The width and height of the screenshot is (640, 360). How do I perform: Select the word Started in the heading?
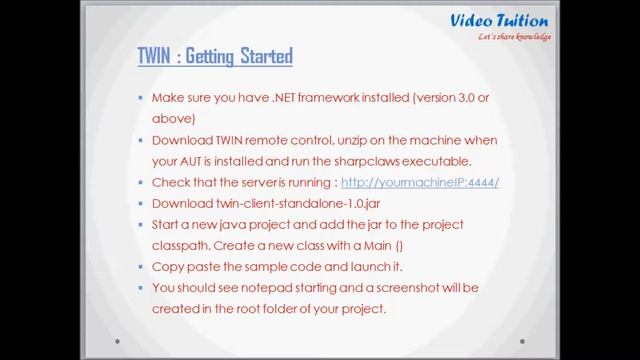pos(265,56)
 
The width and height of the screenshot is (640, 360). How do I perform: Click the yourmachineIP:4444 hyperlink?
pos(419,183)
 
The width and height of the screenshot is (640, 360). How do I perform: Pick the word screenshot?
pos(393,288)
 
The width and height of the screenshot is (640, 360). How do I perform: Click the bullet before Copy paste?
pos(140,268)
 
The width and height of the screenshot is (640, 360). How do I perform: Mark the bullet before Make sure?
pos(140,99)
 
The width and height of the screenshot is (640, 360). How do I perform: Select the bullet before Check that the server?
pos(140,183)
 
